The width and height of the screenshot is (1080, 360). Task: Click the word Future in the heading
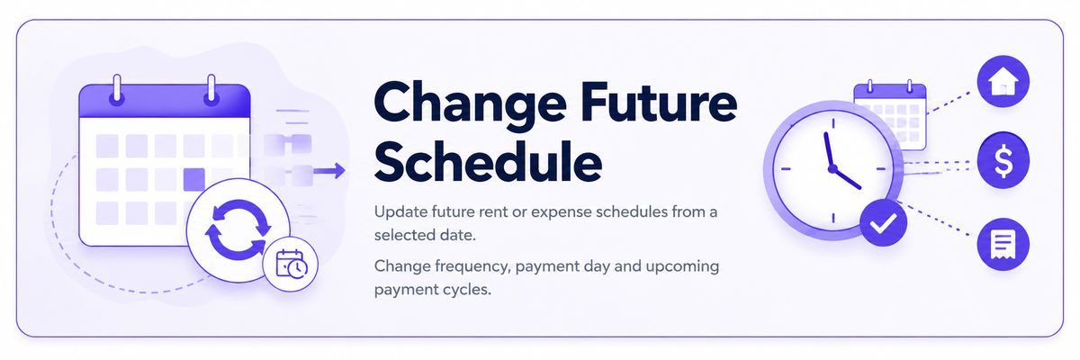[659, 102]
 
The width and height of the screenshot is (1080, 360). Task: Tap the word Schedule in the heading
[488, 161]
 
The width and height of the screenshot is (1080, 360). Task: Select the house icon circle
[1003, 81]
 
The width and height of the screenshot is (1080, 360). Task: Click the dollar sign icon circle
[1003, 160]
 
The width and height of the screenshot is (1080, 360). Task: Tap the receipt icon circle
[1003, 244]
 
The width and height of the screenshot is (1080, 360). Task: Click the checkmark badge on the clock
[883, 222]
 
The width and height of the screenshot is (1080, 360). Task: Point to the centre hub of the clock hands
[832, 168]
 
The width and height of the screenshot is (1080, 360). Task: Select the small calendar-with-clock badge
[290, 264]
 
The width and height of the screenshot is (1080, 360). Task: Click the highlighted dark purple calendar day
[193, 179]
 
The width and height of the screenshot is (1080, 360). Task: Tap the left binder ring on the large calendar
[116, 90]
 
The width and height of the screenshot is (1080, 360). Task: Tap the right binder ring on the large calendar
[211, 90]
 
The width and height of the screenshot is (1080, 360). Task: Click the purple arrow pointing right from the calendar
[329, 171]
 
